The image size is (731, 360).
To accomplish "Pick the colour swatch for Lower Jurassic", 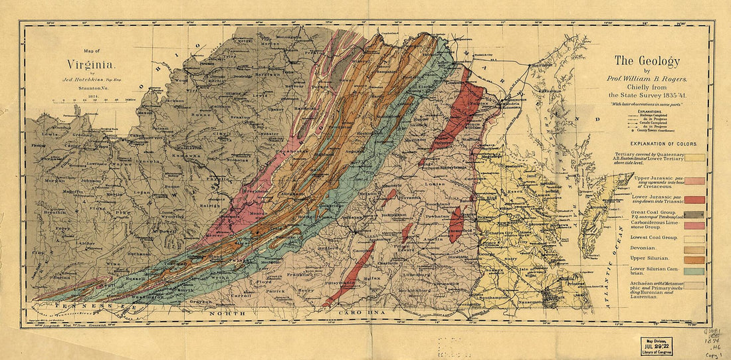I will click(695, 200).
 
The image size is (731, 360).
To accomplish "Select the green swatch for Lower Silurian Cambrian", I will click(695, 270).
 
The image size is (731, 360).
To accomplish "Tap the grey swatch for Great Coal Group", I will click(695, 215).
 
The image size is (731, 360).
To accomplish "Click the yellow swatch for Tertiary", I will click(695, 158).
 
